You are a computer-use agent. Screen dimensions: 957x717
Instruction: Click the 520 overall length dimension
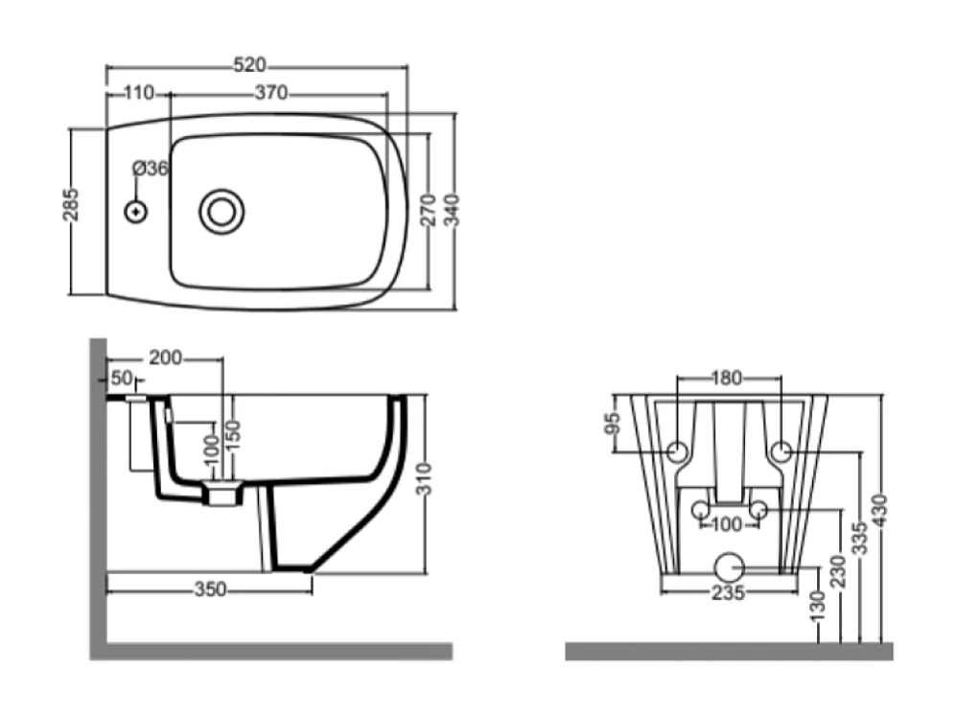[x=250, y=64]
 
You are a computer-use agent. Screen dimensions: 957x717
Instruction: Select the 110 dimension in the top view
[x=139, y=93]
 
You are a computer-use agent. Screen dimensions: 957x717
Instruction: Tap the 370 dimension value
[x=271, y=93]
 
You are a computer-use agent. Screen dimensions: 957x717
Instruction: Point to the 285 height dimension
[x=71, y=204]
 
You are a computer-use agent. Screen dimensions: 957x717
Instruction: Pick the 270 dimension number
[x=429, y=210]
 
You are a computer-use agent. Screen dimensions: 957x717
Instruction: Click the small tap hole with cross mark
[x=136, y=213]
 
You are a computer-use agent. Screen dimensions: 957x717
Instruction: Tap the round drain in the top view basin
[x=221, y=212]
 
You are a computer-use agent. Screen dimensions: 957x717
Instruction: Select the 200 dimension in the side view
[x=165, y=358]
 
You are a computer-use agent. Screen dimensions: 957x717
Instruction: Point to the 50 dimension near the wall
[x=122, y=379]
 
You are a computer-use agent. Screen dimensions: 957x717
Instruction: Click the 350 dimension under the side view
[x=210, y=590]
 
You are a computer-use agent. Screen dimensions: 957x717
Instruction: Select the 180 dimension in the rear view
[x=726, y=379]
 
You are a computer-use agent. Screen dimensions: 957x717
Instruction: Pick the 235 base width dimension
[x=728, y=592]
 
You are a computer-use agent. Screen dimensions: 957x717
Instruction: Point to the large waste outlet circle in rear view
[x=729, y=567]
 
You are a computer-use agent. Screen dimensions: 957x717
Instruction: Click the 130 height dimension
[x=817, y=606]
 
